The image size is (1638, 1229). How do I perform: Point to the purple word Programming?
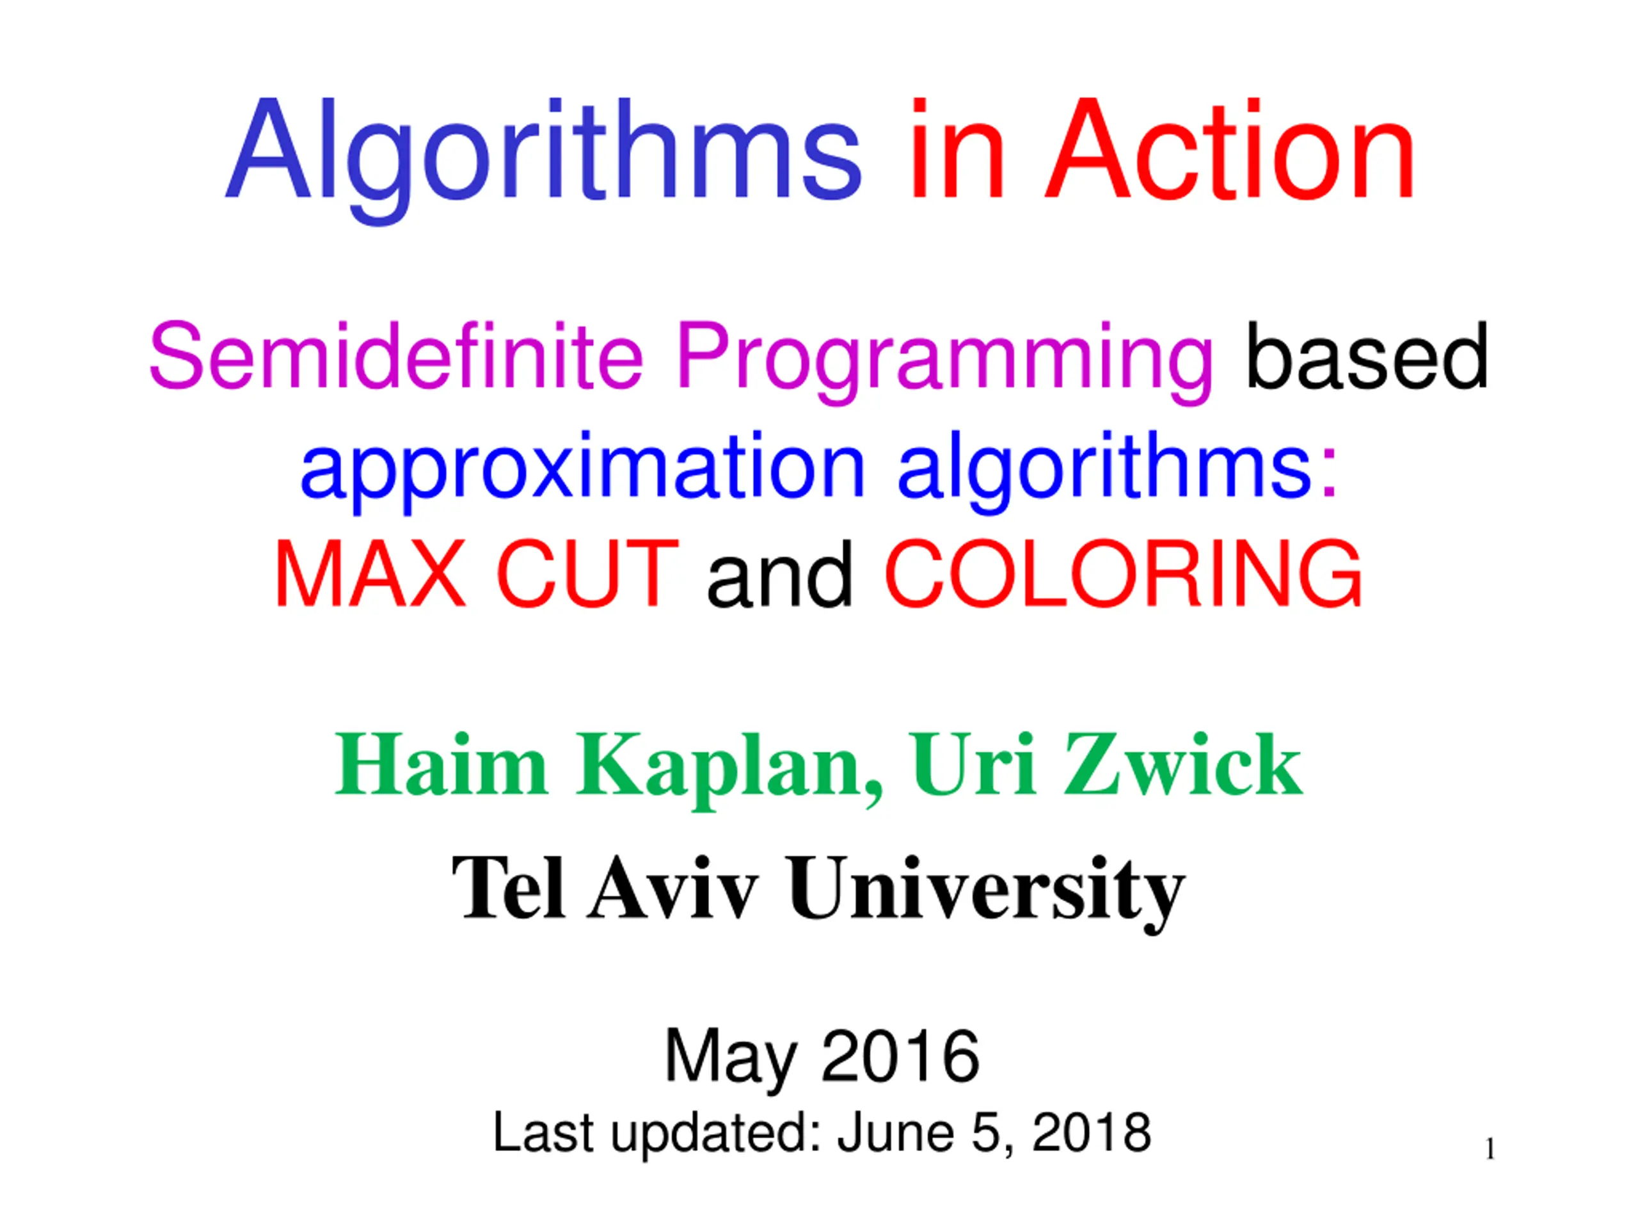coord(945,363)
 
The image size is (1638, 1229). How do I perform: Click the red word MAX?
coord(370,574)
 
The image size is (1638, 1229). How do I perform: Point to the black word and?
coord(780,574)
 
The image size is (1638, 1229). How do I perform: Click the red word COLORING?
coord(1124,574)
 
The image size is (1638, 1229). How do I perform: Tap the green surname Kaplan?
coord(729,767)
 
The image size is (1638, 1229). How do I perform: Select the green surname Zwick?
coord(1182,764)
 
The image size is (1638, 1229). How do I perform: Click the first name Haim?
coord(441,764)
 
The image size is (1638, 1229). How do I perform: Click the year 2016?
coord(900,1056)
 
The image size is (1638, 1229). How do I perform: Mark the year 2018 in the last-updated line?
coord(1092,1132)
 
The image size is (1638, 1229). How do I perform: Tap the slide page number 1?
coord(1490,1149)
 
